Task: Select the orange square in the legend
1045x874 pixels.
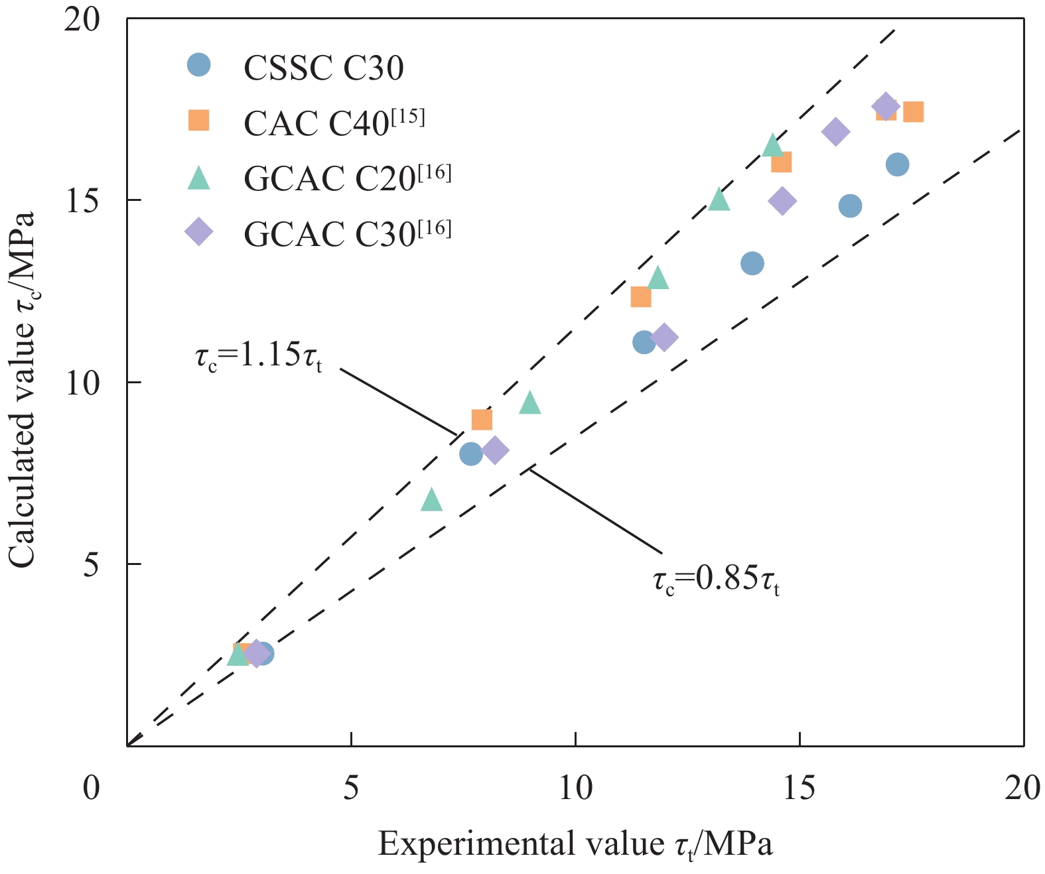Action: coord(198,120)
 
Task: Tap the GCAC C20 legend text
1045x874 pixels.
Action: coord(347,177)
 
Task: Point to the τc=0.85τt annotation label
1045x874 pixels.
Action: coord(716,580)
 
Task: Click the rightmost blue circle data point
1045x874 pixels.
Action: coord(897,164)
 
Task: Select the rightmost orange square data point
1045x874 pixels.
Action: coord(913,112)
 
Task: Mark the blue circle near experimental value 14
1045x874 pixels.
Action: coord(752,263)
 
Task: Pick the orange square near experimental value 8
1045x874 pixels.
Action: coord(482,420)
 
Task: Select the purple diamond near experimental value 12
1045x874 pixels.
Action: coord(663,338)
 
